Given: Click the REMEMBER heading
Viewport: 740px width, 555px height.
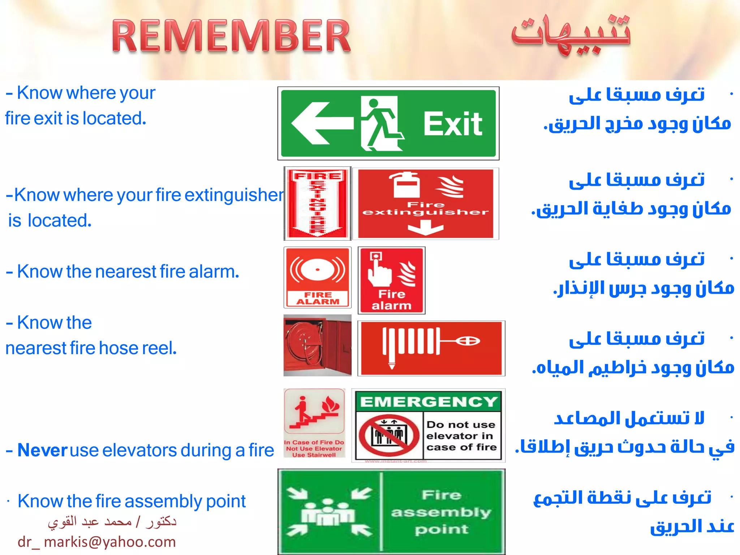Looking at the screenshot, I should pos(231,36).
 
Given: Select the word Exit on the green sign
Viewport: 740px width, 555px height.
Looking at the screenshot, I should pos(452,124).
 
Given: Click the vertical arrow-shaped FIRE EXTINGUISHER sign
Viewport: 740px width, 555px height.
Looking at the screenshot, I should pos(317,203).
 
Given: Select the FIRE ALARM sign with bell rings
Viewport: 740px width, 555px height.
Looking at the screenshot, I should pos(317,277).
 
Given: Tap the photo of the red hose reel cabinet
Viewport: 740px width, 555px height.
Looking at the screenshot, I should pos(317,345).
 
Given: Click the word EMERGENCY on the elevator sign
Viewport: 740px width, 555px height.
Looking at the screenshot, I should pos(429,402).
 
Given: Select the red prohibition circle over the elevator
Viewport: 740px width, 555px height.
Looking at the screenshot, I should pos(389,435).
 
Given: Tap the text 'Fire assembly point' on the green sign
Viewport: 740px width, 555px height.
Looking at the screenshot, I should pos(441,512).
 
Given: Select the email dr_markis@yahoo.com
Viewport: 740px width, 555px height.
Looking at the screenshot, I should pos(96,542).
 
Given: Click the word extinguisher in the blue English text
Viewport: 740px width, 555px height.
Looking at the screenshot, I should pos(234,195).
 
